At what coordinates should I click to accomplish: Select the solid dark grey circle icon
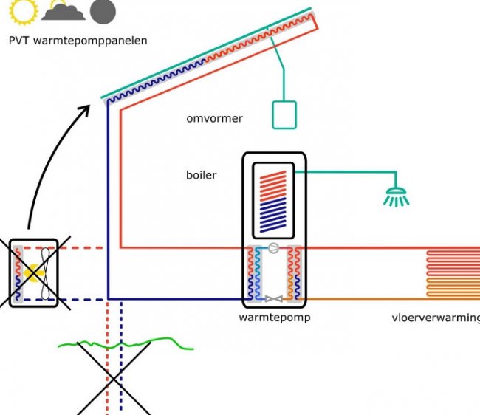point(103,10)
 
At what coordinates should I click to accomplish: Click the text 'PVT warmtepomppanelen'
point(78,41)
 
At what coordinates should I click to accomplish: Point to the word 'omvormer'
point(214,118)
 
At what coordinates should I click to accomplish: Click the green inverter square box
point(284,114)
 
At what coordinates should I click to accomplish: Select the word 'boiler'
point(201,176)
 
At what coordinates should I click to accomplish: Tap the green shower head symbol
point(396,196)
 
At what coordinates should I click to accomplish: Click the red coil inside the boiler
point(273,181)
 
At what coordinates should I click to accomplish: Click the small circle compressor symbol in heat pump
point(272,249)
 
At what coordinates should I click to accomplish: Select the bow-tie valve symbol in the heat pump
point(273,299)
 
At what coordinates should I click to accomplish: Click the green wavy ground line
point(126,344)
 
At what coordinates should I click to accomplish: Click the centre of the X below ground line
point(114,377)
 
